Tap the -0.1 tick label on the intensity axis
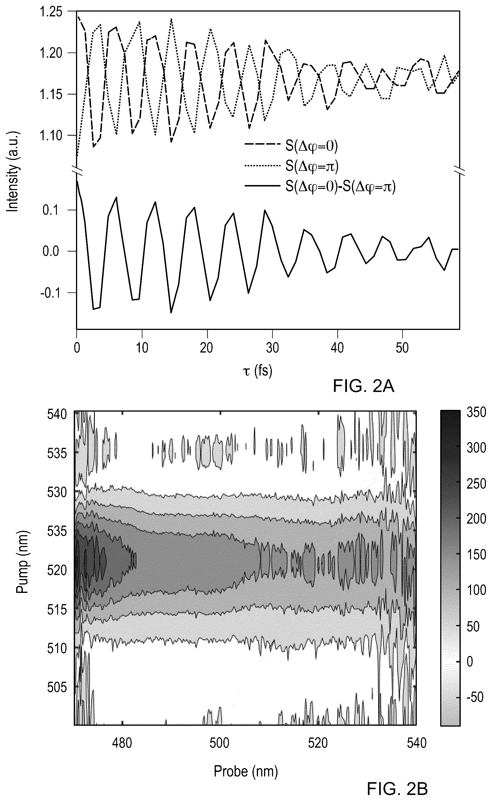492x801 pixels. (51, 293)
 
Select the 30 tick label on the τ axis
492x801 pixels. (272, 348)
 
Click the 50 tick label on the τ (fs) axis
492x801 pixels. (402, 348)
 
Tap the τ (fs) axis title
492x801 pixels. (257, 371)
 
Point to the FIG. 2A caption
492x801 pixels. (363, 387)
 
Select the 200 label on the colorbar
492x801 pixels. (476, 519)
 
